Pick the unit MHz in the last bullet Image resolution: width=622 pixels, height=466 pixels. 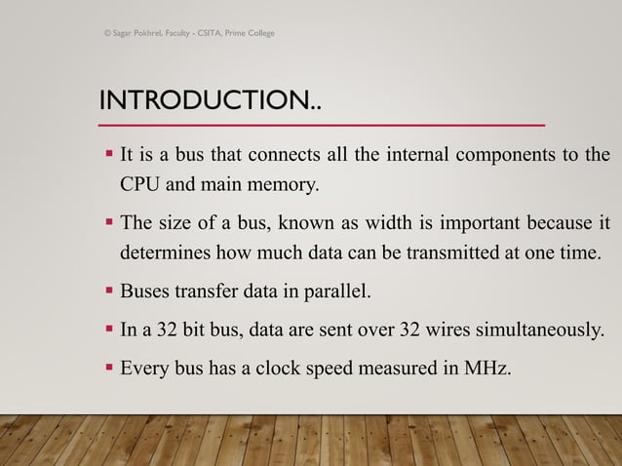click(x=486, y=368)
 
